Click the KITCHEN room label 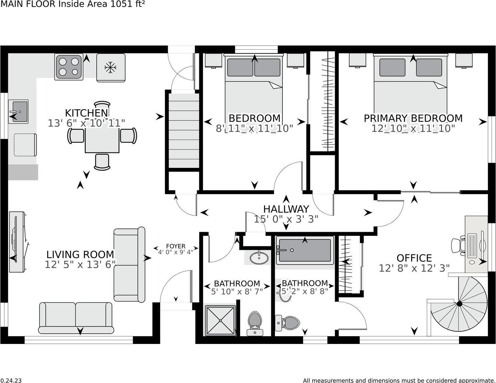tap(86, 113)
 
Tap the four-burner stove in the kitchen tap(69, 67)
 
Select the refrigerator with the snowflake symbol tap(111, 68)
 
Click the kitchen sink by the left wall tap(18, 111)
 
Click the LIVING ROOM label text tap(80, 255)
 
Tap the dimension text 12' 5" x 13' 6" tap(80, 265)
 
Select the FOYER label tap(176, 246)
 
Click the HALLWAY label tap(286, 209)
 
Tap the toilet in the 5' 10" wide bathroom tap(255, 322)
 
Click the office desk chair tap(458, 245)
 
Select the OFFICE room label tap(414, 258)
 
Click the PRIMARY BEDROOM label tap(413, 118)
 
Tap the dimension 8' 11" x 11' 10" tap(254, 128)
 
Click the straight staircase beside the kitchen tap(184, 130)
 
